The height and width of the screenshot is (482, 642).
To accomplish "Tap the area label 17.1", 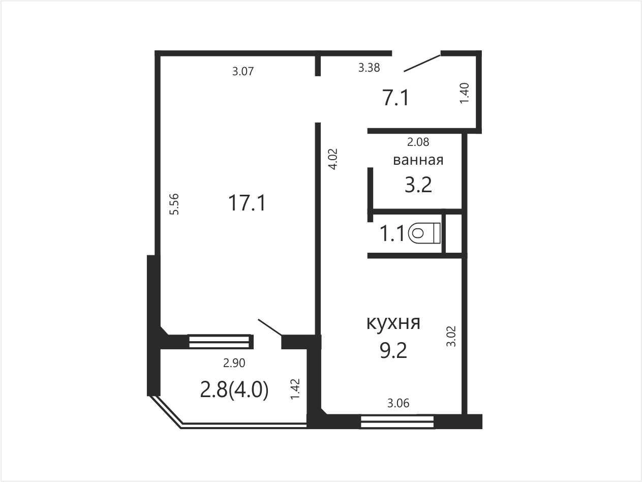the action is (x=247, y=203).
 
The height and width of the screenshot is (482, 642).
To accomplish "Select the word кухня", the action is (x=393, y=322).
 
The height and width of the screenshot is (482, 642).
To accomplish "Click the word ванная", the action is (x=418, y=160).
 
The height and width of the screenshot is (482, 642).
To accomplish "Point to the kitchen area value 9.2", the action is (x=393, y=350).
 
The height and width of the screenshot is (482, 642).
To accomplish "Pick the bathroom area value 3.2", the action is (x=418, y=185).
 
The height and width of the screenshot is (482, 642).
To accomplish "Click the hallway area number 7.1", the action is (x=395, y=98).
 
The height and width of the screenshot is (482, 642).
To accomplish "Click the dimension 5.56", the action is (x=174, y=204).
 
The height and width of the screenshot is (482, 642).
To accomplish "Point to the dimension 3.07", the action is (x=243, y=71).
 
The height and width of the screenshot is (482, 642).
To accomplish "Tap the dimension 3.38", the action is (x=369, y=68).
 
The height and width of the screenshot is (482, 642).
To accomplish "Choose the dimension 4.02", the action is (x=333, y=159).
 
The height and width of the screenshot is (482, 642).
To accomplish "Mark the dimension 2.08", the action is (x=418, y=142).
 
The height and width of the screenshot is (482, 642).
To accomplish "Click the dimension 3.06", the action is (x=399, y=403).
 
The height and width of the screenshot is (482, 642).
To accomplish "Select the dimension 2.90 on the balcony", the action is (x=234, y=363).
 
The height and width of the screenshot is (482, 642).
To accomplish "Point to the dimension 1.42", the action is (x=295, y=389).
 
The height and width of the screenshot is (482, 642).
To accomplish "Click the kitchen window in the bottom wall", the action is (x=397, y=422).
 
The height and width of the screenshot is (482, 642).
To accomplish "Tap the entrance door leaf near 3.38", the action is (x=422, y=63).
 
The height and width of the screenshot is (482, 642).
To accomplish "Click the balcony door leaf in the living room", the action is (x=270, y=327).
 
